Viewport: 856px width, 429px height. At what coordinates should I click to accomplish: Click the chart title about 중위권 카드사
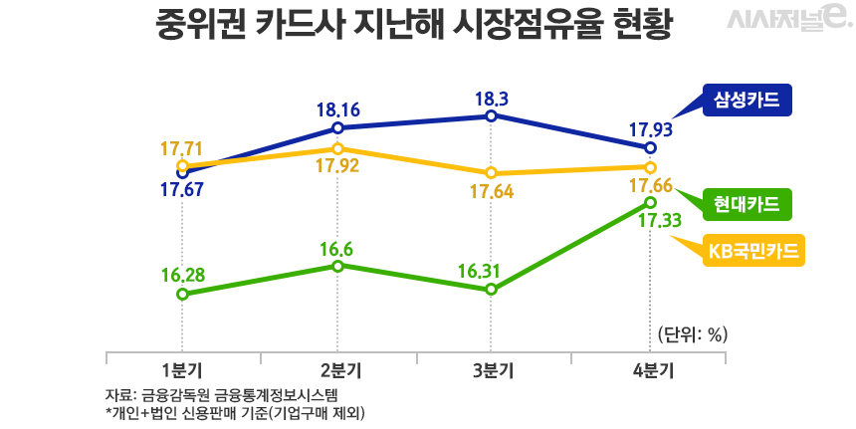tap(415, 24)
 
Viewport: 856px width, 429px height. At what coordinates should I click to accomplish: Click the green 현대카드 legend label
tap(746, 204)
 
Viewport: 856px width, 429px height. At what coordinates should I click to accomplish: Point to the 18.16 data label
tap(338, 109)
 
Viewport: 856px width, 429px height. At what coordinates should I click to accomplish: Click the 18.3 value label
tap(492, 99)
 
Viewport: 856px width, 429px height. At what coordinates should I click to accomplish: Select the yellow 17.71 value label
tap(181, 148)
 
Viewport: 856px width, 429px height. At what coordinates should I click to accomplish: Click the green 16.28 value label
tap(181, 274)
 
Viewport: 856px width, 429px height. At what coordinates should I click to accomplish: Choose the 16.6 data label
tap(338, 247)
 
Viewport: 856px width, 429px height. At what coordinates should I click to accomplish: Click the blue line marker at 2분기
tap(338, 128)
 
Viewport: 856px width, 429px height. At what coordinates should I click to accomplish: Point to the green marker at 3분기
tap(492, 290)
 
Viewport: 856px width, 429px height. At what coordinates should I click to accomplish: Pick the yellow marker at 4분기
tap(651, 167)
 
